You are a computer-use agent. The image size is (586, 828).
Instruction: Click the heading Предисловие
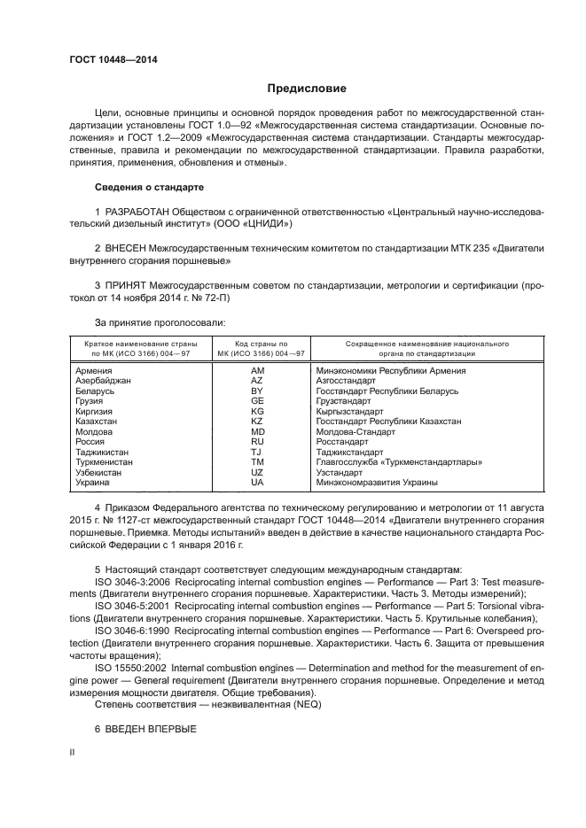[307, 89]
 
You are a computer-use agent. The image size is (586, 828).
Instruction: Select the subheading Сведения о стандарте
[149, 188]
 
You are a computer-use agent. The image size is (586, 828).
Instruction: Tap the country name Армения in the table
[93, 370]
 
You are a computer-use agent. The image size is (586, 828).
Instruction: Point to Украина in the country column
[92, 484]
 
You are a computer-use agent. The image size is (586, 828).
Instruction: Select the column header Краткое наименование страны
[140, 343]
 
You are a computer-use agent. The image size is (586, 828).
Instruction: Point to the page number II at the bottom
[73, 751]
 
